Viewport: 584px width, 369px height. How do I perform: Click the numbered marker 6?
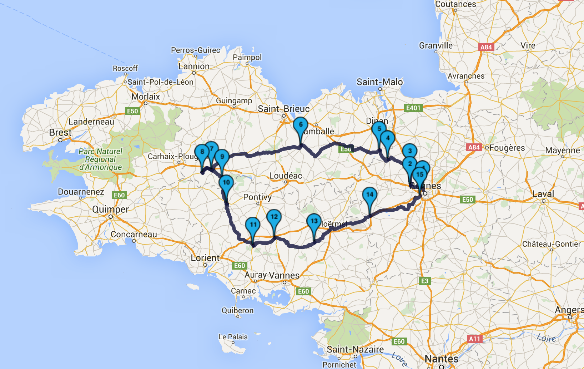[x=301, y=125]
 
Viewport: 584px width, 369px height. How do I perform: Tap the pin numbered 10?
[x=226, y=183]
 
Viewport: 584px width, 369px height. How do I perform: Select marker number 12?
[x=274, y=217]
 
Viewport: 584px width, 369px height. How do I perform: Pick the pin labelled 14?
[x=369, y=195]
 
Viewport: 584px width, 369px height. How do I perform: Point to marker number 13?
[x=314, y=221]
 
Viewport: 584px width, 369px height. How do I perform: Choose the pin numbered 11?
[x=253, y=225]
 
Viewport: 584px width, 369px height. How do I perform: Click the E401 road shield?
[x=413, y=108]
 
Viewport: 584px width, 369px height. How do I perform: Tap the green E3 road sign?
[x=424, y=281]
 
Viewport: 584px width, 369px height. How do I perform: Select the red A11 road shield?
[x=474, y=339]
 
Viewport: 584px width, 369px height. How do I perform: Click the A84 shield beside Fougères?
[x=474, y=147]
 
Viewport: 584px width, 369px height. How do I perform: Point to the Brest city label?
[x=60, y=133]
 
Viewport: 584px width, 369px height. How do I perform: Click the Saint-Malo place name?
[x=380, y=82]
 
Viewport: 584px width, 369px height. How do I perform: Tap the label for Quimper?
[x=110, y=209]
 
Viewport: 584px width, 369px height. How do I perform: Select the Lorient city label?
[x=205, y=258]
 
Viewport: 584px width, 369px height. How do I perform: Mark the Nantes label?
[x=441, y=359]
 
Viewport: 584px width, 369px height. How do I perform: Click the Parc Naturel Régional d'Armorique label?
[x=100, y=159]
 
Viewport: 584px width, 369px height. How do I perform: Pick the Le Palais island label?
[x=233, y=337]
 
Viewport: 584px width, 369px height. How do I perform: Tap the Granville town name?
[x=436, y=46]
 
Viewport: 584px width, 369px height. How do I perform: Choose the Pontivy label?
[x=257, y=197]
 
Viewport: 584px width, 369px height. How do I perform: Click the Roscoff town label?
[x=125, y=68]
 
